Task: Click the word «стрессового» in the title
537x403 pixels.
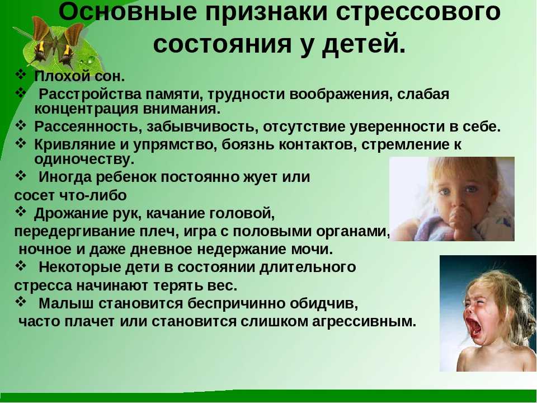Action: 418,12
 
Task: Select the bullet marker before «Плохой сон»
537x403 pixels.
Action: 21,74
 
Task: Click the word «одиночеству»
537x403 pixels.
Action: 84,159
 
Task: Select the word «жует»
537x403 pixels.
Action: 261,177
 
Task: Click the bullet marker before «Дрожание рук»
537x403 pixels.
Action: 21,213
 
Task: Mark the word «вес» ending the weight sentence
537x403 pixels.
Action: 225,285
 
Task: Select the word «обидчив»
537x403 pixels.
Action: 324,303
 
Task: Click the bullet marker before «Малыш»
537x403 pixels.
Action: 21,302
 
